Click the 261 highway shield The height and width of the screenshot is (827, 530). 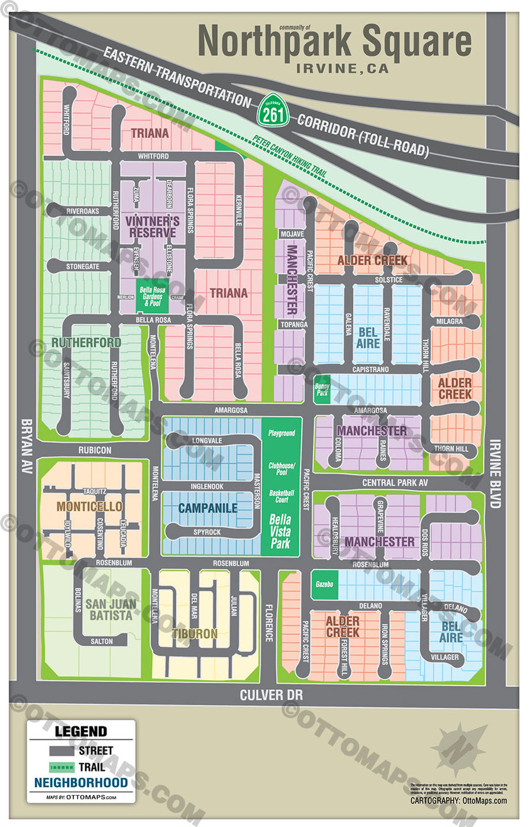(273, 110)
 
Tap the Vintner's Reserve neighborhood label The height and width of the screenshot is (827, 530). (153, 227)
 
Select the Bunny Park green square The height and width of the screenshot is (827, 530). (322, 389)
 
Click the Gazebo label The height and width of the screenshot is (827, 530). (324, 584)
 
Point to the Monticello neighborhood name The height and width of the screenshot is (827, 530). (89, 506)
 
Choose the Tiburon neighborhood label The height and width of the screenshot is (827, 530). (195, 633)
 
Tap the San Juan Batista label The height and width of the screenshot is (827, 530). (111, 609)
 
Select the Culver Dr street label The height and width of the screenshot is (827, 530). (271, 694)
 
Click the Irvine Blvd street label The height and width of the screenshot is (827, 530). (496, 474)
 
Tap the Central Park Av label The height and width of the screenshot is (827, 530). (395, 483)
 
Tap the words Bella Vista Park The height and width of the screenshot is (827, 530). (280, 531)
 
